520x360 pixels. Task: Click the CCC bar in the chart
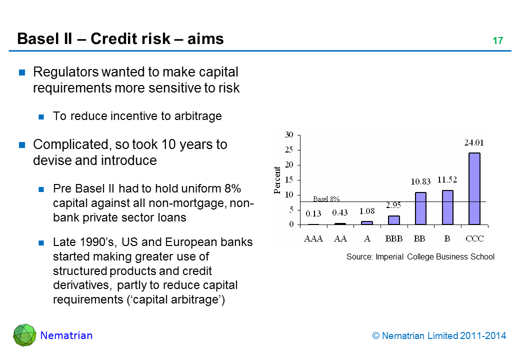pyautogui.click(x=474, y=188)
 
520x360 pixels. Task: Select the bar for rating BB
pyautogui.click(x=420, y=208)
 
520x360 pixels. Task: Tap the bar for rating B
pyautogui.click(x=447, y=207)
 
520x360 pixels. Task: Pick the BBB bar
pyautogui.click(x=394, y=220)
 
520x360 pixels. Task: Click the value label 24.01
pyautogui.click(x=474, y=142)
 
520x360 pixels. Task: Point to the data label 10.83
pyautogui.click(x=420, y=182)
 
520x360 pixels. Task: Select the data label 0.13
pyautogui.click(x=313, y=213)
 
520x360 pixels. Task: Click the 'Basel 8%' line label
pyautogui.click(x=326, y=199)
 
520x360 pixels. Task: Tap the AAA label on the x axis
pyautogui.click(x=313, y=238)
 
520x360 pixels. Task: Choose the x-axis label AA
pyautogui.click(x=340, y=238)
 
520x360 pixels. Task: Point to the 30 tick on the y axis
pyautogui.click(x=289, y=135)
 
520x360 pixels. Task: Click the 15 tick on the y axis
pyautogui.click(x=289, y=180)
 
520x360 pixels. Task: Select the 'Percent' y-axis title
pyautogui.click(x=277, y=180)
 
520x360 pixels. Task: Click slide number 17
pyautogui.click(x=497, y=41)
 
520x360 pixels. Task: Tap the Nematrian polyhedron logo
pyautogui.click(x=24, y=335)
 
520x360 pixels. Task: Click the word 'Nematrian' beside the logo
pyautogui.click(x=66, y=335)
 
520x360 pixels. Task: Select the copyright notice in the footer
pyautogui.click(x=439, y=336)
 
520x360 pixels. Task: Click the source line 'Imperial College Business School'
pyautogui.click(x=420, y=257)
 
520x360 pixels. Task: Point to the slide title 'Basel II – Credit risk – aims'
pyautogui.click(x=120, y=39)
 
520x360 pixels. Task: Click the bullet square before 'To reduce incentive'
pyautogui.click(x=42, y=117)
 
